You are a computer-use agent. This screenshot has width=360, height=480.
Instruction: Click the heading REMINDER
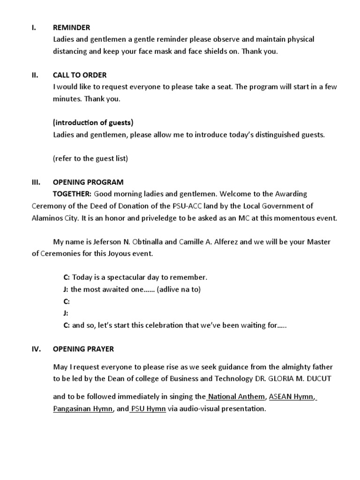coord(71,28)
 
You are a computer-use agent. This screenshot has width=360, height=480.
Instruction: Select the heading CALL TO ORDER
coord(80,75)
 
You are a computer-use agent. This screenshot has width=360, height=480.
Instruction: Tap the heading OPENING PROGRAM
coord(88,182)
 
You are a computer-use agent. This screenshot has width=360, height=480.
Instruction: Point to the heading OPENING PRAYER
coord(83,349)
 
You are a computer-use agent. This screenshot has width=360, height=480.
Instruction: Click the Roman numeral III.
coord(36,182)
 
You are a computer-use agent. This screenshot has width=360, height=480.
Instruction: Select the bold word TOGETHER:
coord(72,194)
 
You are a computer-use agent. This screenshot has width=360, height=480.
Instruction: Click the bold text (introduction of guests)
coord(93,123)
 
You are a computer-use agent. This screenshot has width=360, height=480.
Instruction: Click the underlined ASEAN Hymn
coord(291,397)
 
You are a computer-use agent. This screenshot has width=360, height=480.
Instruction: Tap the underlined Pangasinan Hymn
coord(82,409)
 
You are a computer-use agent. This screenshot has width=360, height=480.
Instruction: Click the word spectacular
coord(129,277)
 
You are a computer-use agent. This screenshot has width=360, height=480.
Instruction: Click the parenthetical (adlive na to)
coord(179,289)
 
